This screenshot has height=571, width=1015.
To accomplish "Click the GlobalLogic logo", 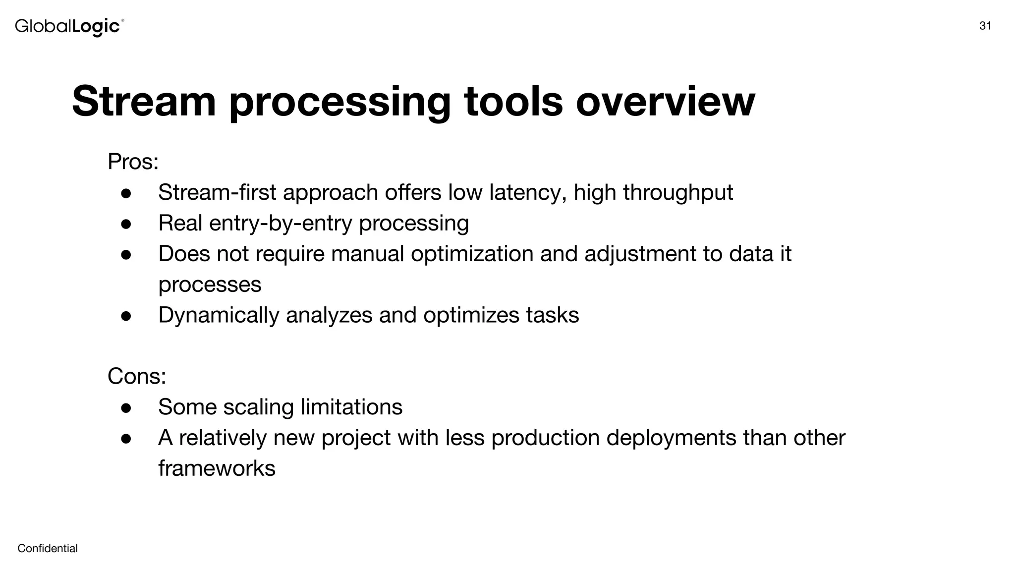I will tap(69, 26).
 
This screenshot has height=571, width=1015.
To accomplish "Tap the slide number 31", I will tap(985, 26).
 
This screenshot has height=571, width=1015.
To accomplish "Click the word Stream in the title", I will tap(144, 102).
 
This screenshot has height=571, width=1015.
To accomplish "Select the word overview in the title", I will tap(665, 102).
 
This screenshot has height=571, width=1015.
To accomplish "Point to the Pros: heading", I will tap(133, 162).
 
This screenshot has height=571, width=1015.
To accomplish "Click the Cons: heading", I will tap(137, 376).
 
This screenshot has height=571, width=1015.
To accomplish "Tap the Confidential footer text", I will tap(48, 548).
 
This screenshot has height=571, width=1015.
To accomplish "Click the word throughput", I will tap(677, 193).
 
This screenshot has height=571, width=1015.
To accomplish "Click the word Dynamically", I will tap(219, 316).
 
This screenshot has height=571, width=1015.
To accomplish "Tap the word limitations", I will tap(351, 407).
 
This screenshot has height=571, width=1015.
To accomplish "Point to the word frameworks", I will tap(217, 469).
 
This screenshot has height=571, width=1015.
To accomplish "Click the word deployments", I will tap(671, 438).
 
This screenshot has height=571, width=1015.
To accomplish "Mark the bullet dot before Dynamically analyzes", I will tap(126, 316).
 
